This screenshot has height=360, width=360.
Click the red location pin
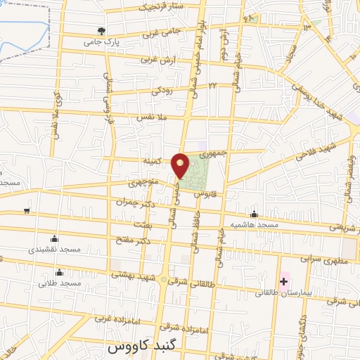tap(181, 165)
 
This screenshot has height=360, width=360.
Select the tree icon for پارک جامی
tap(103, 32)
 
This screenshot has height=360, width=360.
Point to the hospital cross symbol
tap(284, 282)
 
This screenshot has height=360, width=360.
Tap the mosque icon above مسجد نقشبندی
tap(60, 239)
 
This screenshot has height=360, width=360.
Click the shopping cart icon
tap(26, 210)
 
